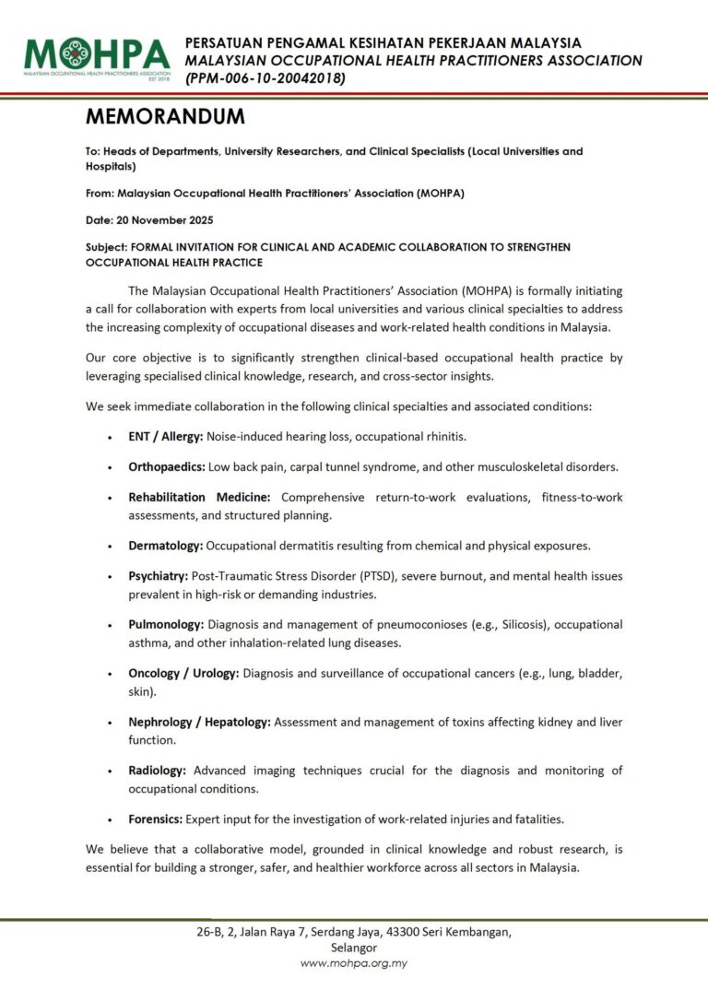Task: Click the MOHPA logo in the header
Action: [x=98, y=57]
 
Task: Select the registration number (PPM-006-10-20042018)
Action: [x=265, y=79]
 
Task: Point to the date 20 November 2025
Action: [x=182, y=220]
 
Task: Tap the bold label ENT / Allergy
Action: [x=165, y=435]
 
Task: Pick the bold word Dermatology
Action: [x=165, y=546]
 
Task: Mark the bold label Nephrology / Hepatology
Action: [x=199, y=722]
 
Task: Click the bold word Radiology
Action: [x=158, y=770]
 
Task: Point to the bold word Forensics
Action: [x=156, y=818]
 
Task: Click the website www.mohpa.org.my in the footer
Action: [x=354, y=963]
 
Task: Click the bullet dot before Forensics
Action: [x=111, y=819]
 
